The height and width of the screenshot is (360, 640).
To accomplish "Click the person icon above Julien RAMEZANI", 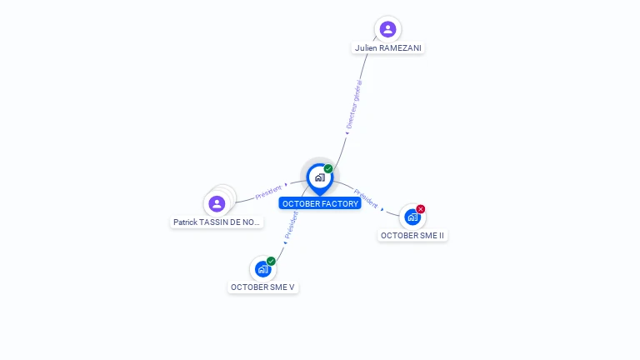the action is click(x=387, y=29).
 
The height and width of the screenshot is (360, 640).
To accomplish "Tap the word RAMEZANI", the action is click(x=400, y=48).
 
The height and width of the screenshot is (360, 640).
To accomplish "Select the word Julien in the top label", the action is click(x=366, y=48).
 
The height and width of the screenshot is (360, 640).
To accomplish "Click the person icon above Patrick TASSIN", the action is click(x=217, y=203).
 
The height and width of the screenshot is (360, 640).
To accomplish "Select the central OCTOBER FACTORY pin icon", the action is click(x=319, y=177).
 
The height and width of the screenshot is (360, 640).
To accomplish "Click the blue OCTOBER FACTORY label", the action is click(x=320, y=203).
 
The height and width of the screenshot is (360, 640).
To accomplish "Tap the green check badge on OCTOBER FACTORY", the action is click(x=328, y=169).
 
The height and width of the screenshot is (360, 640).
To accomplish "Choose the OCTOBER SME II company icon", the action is click(x=412, y=217).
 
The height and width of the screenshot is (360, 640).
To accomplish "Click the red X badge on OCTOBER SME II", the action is click(x=421, y=209).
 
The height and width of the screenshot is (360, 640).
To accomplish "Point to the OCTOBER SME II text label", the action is click(x=413, y=236).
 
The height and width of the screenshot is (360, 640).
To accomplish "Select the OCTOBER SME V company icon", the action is click(x=262, y=269).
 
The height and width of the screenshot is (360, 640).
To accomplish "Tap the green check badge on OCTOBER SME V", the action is click(x=271, y=261).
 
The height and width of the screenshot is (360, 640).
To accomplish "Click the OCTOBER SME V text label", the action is click(x=263, y=287).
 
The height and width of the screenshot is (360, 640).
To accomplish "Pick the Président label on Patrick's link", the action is click(x=268, y=190).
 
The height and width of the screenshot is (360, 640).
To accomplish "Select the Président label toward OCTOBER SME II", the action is click(x=366, y=197).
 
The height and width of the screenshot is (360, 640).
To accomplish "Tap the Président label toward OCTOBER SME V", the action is click(x=292, y=226).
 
